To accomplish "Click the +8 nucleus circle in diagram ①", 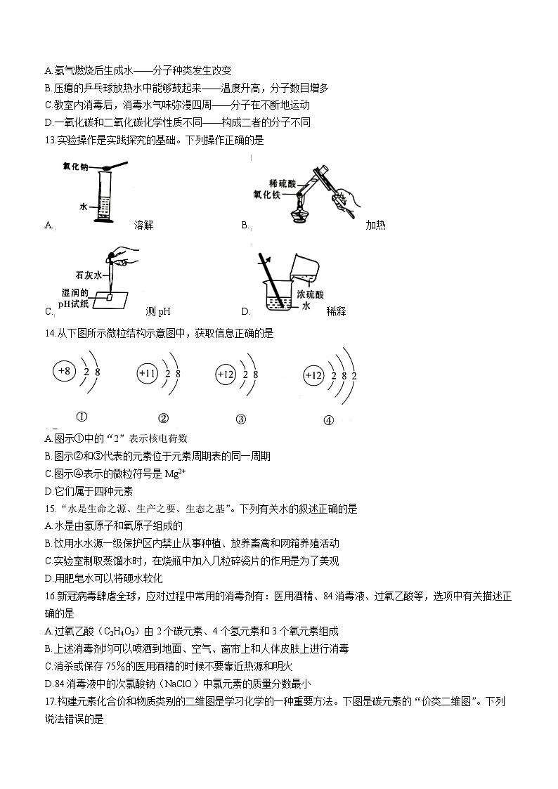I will (x=65, y=370).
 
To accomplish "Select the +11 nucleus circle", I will (x=148, y=374).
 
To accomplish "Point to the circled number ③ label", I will (x=241, y=419).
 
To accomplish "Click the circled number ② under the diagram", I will (x=163, y=419).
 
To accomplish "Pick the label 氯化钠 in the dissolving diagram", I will (x=74, y=167).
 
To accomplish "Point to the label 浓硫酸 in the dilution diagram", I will (x=310, y=294).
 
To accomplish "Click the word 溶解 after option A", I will (x=143, y=226).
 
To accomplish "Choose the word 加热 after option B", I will (x=375, y=226).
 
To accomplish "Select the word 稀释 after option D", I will (x=337, y=311).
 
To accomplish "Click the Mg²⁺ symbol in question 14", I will (x=175, y=473).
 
